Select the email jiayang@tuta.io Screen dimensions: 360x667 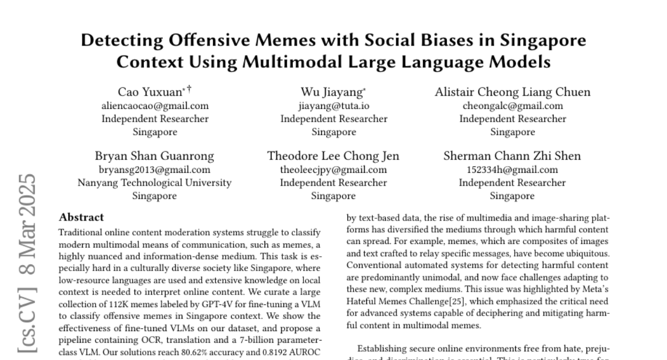[333, 106]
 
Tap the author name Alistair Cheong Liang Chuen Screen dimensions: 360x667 [512, 92]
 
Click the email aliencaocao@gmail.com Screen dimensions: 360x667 [155, 106]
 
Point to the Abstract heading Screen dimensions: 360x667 [81, 217]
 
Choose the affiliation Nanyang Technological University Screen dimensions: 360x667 [155, 182]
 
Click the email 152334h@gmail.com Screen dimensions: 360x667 [512, 169]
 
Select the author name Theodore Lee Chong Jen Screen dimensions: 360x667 [333, 156]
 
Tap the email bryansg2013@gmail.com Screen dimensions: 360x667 [155, 169]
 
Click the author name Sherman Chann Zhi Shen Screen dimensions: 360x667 [512, 156]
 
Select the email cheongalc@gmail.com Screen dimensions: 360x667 [512, 106]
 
